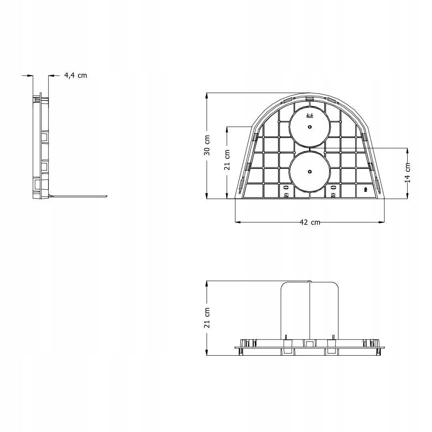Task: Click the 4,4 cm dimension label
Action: click(x=76, y=75)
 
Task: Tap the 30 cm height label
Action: click(x=207, y=145)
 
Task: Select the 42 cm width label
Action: click(x=310, y=222)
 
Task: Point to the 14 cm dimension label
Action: click(x=408, y=173)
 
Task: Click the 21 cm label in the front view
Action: click(x=227, y=160)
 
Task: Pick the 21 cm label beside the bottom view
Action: click(x=207, y=318)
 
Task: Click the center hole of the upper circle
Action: click(x=310, y=127)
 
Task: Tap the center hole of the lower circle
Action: click(x=310, y=172)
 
